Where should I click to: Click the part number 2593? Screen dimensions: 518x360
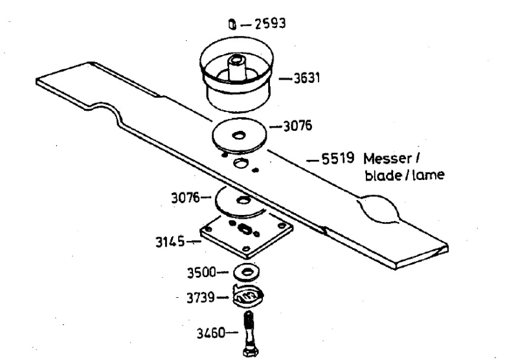tap(270, 24)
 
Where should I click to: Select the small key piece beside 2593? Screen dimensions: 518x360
tap(232, 25)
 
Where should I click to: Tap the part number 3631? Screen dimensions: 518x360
tap(307, 78)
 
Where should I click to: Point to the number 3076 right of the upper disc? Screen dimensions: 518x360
tap(298, 126)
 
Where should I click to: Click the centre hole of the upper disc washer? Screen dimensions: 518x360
tap(238, 135)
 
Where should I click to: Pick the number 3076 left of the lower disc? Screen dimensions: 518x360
tap(186, 198)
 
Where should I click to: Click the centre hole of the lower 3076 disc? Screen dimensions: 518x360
tap(243, 201)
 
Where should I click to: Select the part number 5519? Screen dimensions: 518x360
tap(338, 159)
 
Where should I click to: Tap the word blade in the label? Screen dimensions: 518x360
tap(383, 175)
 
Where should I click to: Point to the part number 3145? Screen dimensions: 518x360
tap(170, 242)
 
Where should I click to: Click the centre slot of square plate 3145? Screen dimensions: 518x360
tap(245, 228)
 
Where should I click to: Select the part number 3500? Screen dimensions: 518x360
tap(201, 273)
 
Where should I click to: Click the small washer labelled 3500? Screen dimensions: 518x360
tap(246, 272)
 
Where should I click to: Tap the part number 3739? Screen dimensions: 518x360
tap(201, 298)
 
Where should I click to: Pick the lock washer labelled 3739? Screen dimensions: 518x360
tap(249, 295)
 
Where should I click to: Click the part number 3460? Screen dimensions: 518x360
tap(211, 333)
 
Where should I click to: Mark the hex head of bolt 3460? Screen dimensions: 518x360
tap(250, 352)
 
